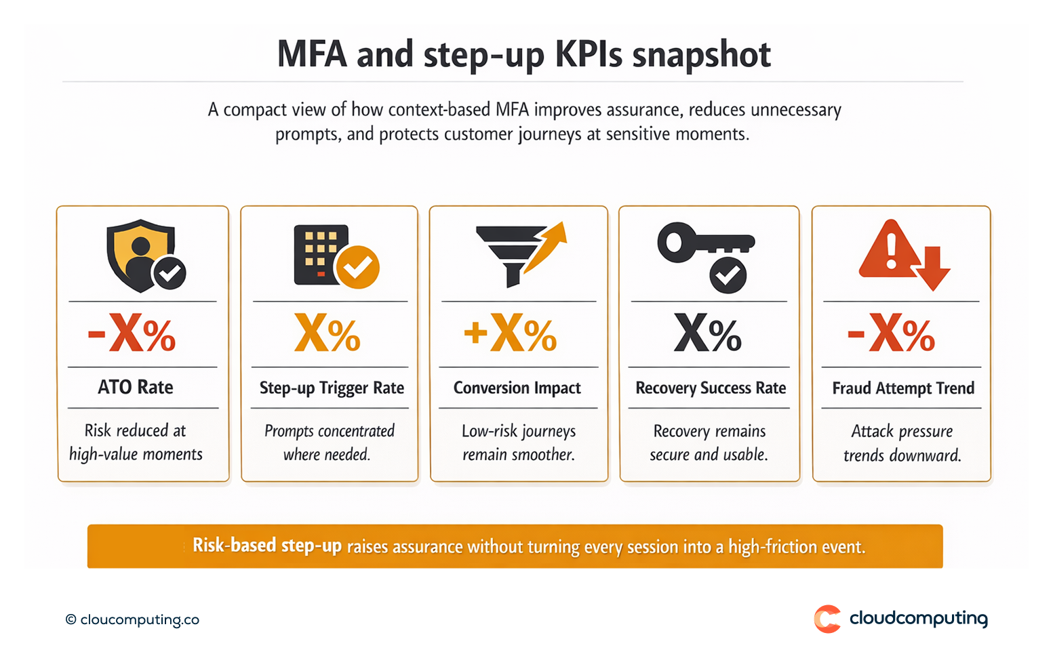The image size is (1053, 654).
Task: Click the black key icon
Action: pos(705,242)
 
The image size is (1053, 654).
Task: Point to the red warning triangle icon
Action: pos(890,249)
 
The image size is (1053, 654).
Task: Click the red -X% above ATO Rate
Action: pos(132,333)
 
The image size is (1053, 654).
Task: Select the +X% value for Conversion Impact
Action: pos(510,333)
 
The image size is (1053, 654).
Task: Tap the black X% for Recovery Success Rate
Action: pos(707,333)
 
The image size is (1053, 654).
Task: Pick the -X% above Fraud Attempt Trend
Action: pos(891,333)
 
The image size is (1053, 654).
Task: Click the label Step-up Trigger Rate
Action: pos(332,388)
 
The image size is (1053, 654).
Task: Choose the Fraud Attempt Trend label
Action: pos(903,388)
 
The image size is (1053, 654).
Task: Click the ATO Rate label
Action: pos(136,387)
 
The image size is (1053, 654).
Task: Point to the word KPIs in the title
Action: pos(588,54)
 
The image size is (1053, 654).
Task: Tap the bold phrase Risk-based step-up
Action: pos(267,546)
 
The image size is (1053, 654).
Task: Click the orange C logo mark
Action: pos(827,619)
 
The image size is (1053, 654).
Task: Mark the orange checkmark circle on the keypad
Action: pos(358,267)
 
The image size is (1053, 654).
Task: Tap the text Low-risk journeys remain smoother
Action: pos(519,443)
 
